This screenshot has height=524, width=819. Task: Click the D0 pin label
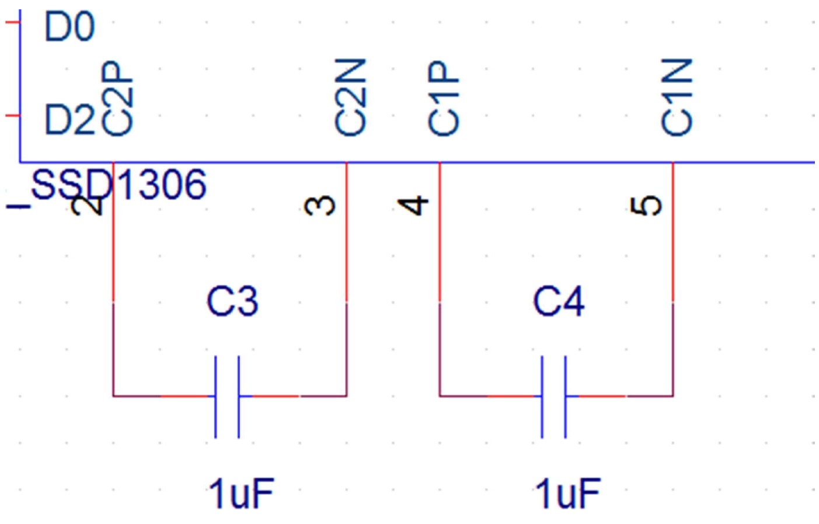69,27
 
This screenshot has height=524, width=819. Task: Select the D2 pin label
69,120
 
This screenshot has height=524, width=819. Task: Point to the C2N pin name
350,98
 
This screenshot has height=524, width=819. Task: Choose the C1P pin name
444,99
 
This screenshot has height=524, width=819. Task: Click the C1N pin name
677,98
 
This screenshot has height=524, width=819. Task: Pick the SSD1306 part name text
119,185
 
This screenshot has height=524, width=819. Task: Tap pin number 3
320,206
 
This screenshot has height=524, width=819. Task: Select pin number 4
413,206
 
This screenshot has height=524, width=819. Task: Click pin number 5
646,206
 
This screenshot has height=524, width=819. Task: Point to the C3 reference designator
232,301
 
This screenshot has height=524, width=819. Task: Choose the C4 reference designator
559,301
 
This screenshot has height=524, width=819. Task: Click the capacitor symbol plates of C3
227,397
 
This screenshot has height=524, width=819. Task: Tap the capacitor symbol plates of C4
553,397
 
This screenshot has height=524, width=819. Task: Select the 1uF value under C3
242,494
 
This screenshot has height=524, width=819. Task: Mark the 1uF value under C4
568,494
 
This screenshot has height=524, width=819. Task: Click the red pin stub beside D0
12,22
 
